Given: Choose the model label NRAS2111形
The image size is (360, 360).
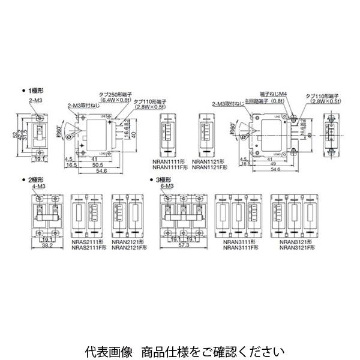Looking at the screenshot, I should click(86, 243).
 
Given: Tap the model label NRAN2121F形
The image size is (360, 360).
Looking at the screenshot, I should click(127, 248).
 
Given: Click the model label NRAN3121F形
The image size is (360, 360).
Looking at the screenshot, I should click(293, 248).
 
